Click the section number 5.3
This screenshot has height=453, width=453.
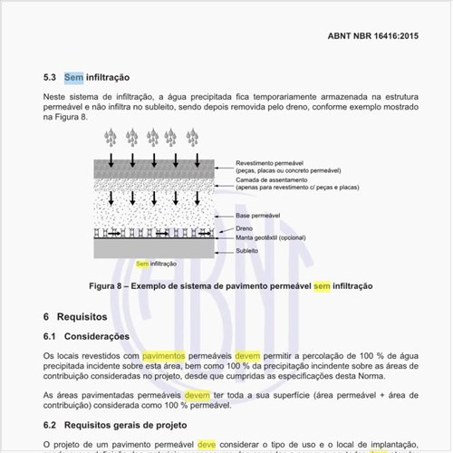click(51, 79)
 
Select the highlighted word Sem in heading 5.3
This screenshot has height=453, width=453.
click(73, 79)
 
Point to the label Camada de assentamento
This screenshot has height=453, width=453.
click(258, 181)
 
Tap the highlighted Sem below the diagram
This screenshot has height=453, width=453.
click(141, 264)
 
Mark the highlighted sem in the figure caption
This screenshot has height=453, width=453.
click(323, 285)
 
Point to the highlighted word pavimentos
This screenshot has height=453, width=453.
click(163, 357)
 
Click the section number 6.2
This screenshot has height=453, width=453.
click(51, 424)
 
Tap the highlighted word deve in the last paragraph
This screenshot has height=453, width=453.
click(207, 445)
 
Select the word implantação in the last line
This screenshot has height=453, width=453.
click(387, 445)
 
